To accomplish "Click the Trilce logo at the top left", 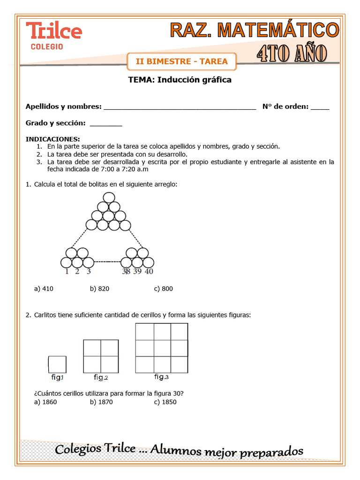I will pyautogui.click(x=54, y=31).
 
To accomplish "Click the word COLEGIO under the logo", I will pyautogui.click(x=47, y=46).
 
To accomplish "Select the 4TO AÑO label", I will pyautogui.click(x=292, y=53).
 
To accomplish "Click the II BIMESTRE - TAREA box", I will pyautogui.click(x=181, y=61).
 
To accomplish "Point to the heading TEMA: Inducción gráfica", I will pyautogui.click(x=180, y=80).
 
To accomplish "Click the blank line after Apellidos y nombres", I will pyautogui.click(x=180, y=107).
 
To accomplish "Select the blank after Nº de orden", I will pyautogui.click(x=320, y=107).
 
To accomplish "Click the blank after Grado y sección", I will pyautogui.click(x=105, y=124).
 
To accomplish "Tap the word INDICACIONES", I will pyautogui.click(x=52, y=139).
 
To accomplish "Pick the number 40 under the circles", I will pyautogui.click(x=149, y=271).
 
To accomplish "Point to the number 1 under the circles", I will pyautogui.click(x=67, y=271).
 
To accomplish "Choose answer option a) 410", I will pyautogui.click(x=44, y=289).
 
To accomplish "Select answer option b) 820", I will pyautogui.click(x=99, y=289).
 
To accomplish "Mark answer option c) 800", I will pyautogui.click(x=164, y=289).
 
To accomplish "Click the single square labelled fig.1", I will pyautogui.click(x=57, y=365).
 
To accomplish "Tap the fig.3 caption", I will pyautogui.click(x=161, y=376).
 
